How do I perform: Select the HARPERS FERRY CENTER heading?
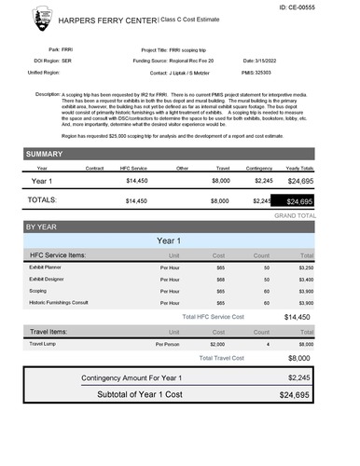(108, 19)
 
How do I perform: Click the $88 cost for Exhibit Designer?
(221, 278)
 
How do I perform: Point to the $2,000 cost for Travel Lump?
(217, 343)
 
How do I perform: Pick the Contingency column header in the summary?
(260, 168)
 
